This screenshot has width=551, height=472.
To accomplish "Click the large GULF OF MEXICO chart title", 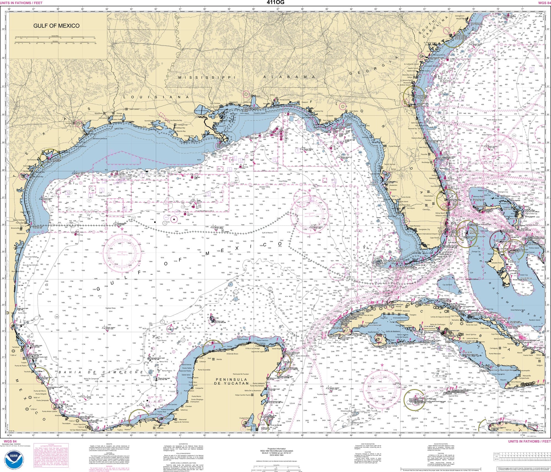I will click(x=56, y=26).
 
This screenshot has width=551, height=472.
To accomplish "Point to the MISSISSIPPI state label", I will click(x=207, y=78).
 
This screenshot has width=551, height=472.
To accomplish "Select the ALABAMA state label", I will click(x=285, y=77).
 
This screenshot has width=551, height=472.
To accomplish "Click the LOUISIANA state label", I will click(x=156, y=97).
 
